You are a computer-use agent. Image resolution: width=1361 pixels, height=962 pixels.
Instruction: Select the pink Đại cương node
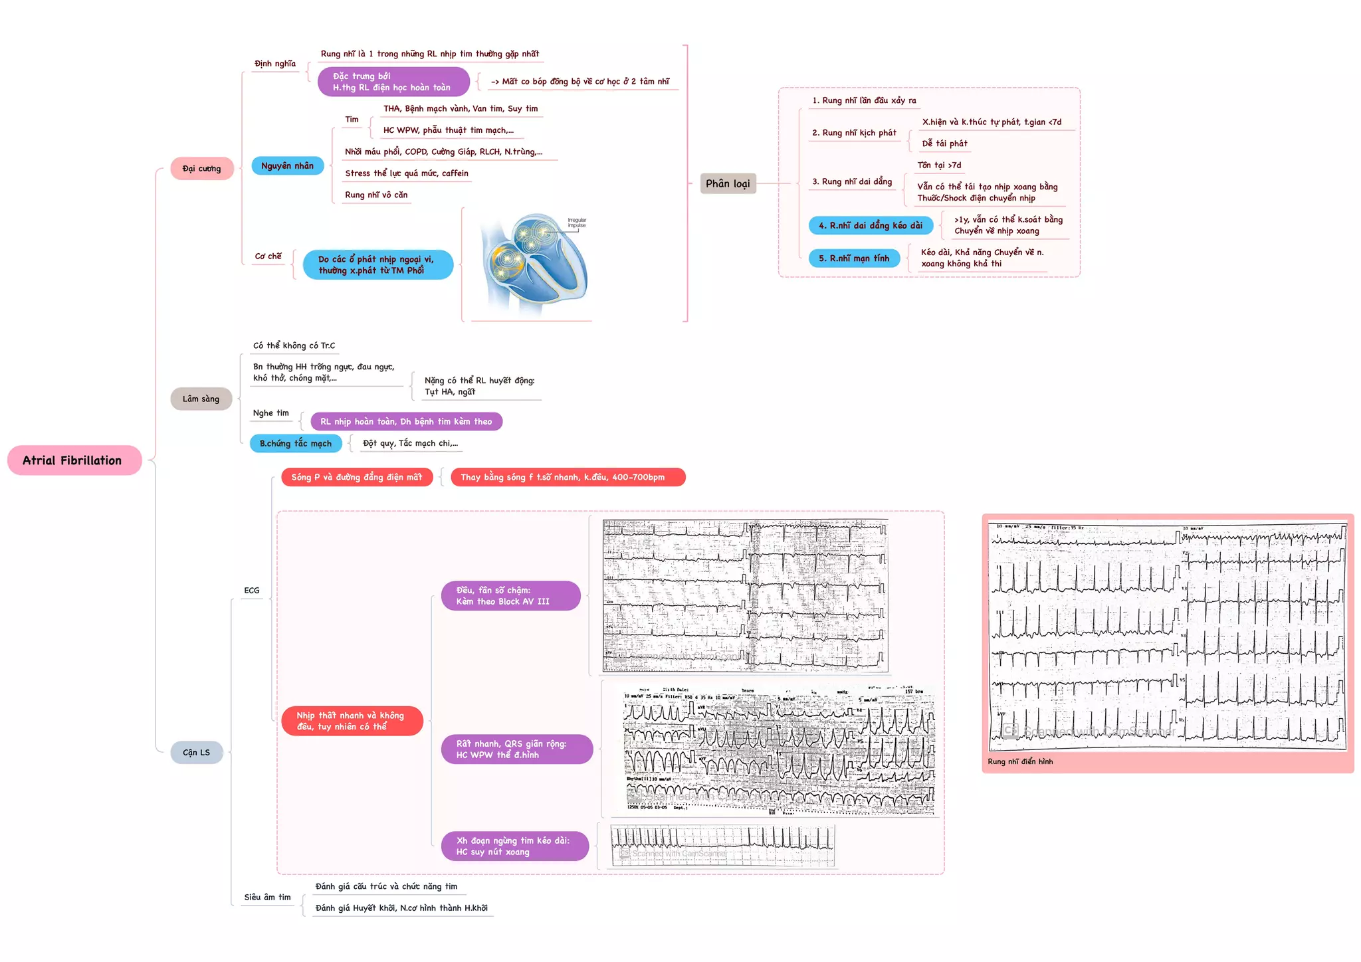point(201,169)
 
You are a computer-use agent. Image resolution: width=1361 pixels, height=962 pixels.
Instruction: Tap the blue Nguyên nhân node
point(287,165)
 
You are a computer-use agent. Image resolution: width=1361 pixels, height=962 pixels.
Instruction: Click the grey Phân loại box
point(728,183)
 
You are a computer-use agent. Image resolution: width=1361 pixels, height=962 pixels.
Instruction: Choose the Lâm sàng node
point(201,399)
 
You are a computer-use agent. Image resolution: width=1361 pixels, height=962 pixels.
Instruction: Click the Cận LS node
point(196,752)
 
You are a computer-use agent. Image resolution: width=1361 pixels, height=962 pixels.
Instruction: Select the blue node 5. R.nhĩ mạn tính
point(854,258)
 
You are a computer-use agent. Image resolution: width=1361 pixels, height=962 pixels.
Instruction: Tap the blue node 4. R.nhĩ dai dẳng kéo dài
point(870,225)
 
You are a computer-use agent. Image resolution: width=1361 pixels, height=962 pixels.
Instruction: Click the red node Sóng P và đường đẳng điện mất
point(357,477)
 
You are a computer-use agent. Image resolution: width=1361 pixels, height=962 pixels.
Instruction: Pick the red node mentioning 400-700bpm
point(567,477)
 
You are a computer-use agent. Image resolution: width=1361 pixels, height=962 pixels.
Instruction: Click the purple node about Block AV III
point(510,595)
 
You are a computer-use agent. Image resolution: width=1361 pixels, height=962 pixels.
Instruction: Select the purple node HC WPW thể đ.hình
point(516,749)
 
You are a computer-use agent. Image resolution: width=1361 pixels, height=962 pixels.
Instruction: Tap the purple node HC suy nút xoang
point(514,846)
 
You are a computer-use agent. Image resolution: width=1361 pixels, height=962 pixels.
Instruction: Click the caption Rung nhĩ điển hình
point(1020,761)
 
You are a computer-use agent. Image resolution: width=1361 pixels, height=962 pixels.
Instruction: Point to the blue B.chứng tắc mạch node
point(296,443)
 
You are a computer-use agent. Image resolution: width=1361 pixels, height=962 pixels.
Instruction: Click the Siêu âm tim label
point(267,897)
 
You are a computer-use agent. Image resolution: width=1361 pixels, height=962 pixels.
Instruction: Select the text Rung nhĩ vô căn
point(376,195)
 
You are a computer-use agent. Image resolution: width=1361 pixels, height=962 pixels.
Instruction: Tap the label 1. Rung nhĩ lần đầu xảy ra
point(864,100)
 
